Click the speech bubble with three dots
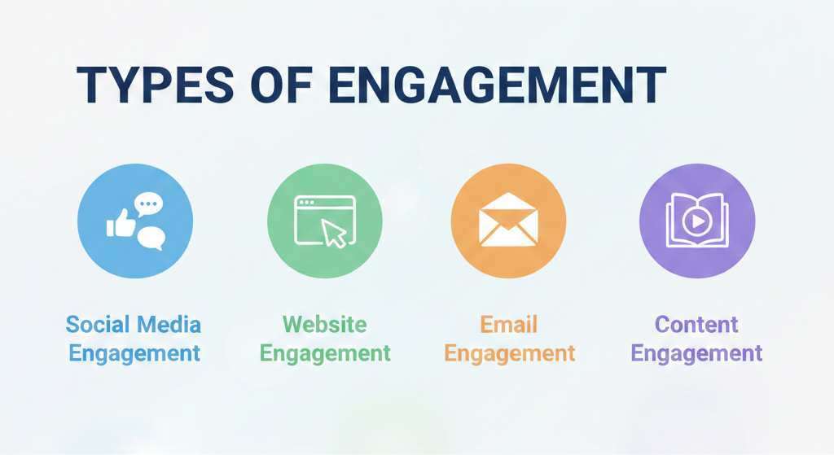point(149,204)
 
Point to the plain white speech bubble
point(151,237)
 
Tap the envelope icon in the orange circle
point(508,221)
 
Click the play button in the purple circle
point(697,221)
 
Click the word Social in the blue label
point(97,325)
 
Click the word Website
point(324,325)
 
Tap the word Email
point(510,325)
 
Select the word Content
point(696,325)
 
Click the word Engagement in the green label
point(325,353)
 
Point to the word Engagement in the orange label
point(510,353)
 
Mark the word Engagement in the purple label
point(696,353)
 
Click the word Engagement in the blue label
point(134,353)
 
